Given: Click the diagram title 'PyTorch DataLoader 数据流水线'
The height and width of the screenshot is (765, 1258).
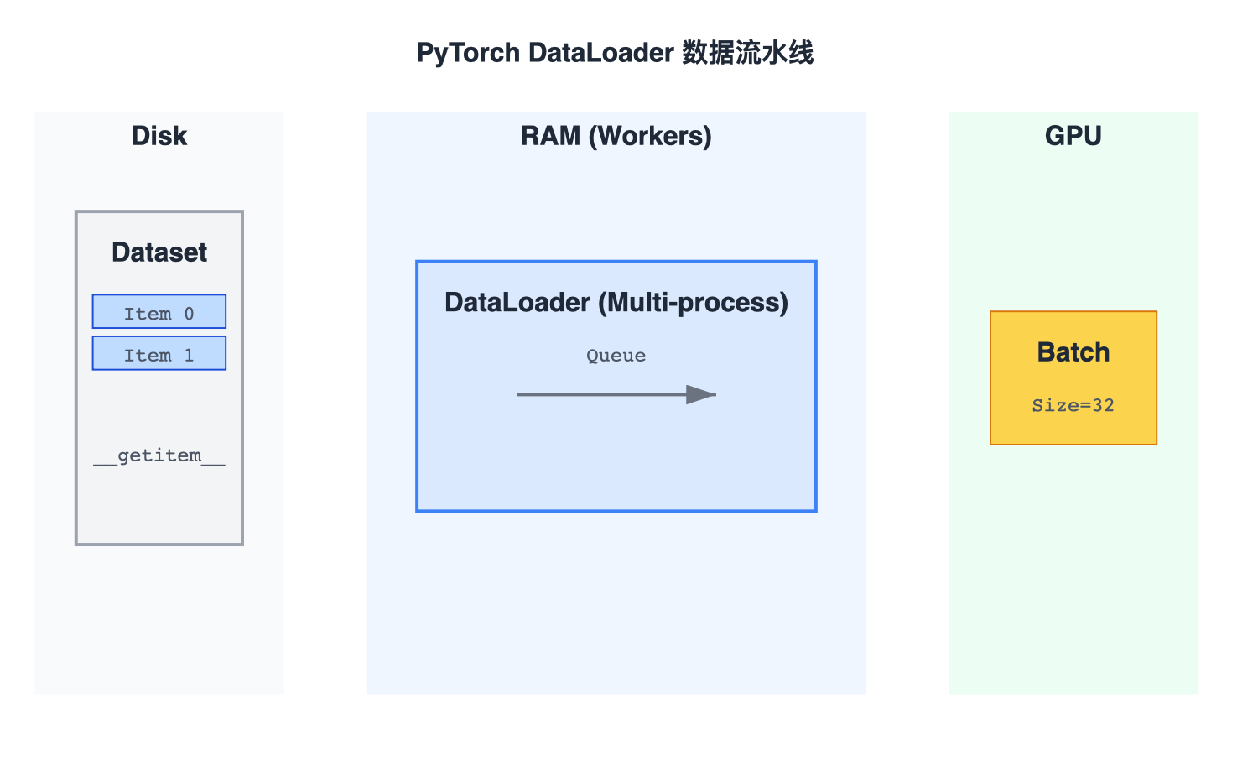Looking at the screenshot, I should (x=615, y=53).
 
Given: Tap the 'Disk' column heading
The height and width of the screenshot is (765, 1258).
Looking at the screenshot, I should (x=159, y=136).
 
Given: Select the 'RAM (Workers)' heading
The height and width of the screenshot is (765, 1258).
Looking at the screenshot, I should (x=616, y=136).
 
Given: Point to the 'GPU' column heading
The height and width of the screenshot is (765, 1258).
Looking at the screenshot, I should (x=1073, y=136).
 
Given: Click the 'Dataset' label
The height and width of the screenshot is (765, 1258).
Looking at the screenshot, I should (x=159, y=252).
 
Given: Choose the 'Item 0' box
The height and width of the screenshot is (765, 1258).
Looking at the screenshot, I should (x=159, y=312).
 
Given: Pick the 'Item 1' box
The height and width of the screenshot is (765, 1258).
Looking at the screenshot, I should (x=159, y=354).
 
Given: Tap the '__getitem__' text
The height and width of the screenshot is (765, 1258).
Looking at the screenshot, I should (x=159, y=455).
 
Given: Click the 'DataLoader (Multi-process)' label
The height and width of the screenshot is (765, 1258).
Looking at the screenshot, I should (x=616, y=302).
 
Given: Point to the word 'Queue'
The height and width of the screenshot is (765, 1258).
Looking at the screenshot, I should (x=616, y=356).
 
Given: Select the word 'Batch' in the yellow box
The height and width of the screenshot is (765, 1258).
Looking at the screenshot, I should (x=1073, y=352).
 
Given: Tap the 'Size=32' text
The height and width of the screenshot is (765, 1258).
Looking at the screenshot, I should (x=1073, y=406).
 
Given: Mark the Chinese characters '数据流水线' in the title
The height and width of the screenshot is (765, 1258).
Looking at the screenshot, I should (x=747, y=53).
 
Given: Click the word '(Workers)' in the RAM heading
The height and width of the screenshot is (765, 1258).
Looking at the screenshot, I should (x=650, y=136).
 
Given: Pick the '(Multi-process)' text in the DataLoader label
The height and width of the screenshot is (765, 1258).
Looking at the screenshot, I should (x=693, y=302).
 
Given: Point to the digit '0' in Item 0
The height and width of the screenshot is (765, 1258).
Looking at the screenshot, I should (x=189, y=314).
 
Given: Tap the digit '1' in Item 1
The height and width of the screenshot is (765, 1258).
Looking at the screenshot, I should (x=189, y=356).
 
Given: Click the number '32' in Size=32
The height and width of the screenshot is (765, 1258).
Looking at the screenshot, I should (x=1103, y=406).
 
